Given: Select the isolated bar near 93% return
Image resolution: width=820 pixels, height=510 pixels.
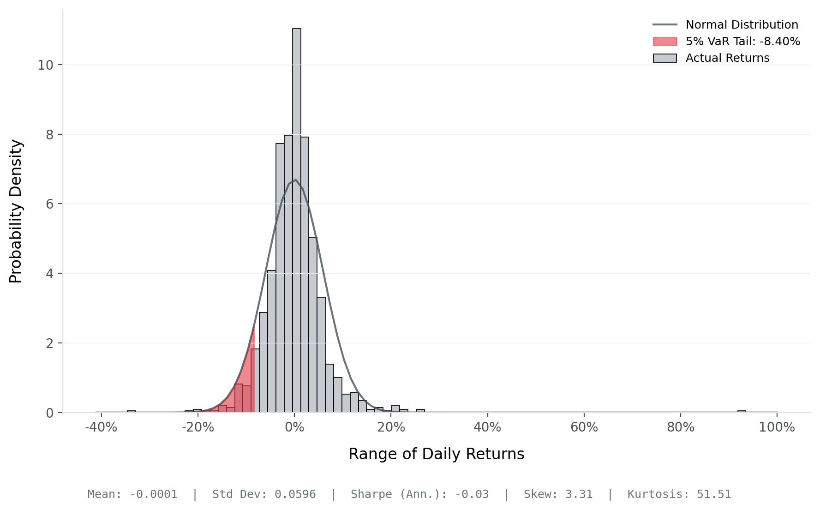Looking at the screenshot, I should tap(742, 411).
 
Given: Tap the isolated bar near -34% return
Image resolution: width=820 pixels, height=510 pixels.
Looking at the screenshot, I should tap(132, 411).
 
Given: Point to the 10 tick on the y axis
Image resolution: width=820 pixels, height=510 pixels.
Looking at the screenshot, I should tap(45, 65).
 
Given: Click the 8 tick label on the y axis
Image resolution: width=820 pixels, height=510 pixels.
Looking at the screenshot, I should tap(49, 135).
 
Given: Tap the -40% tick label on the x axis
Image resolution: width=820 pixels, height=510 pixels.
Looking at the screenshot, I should tap(101, 427).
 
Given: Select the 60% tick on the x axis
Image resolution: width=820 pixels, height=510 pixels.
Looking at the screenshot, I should tap(584, 427).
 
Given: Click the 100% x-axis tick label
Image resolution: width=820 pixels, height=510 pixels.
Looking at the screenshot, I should tap(777, 427).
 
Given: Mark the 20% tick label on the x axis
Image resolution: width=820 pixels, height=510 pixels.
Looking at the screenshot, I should tap(391, 427).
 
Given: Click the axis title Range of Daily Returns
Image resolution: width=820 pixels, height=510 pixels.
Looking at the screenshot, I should tap(436, 454).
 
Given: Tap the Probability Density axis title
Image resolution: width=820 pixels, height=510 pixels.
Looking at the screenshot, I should tap(16, 211).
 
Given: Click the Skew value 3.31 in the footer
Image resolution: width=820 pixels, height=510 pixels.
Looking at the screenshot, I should tap(579, 494).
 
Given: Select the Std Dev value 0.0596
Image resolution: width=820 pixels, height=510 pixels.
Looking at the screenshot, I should tap(295, 494).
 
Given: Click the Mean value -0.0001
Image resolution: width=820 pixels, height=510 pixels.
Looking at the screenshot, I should tap(153, 494).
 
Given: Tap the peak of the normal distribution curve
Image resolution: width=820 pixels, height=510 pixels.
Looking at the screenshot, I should tap(295, 180).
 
